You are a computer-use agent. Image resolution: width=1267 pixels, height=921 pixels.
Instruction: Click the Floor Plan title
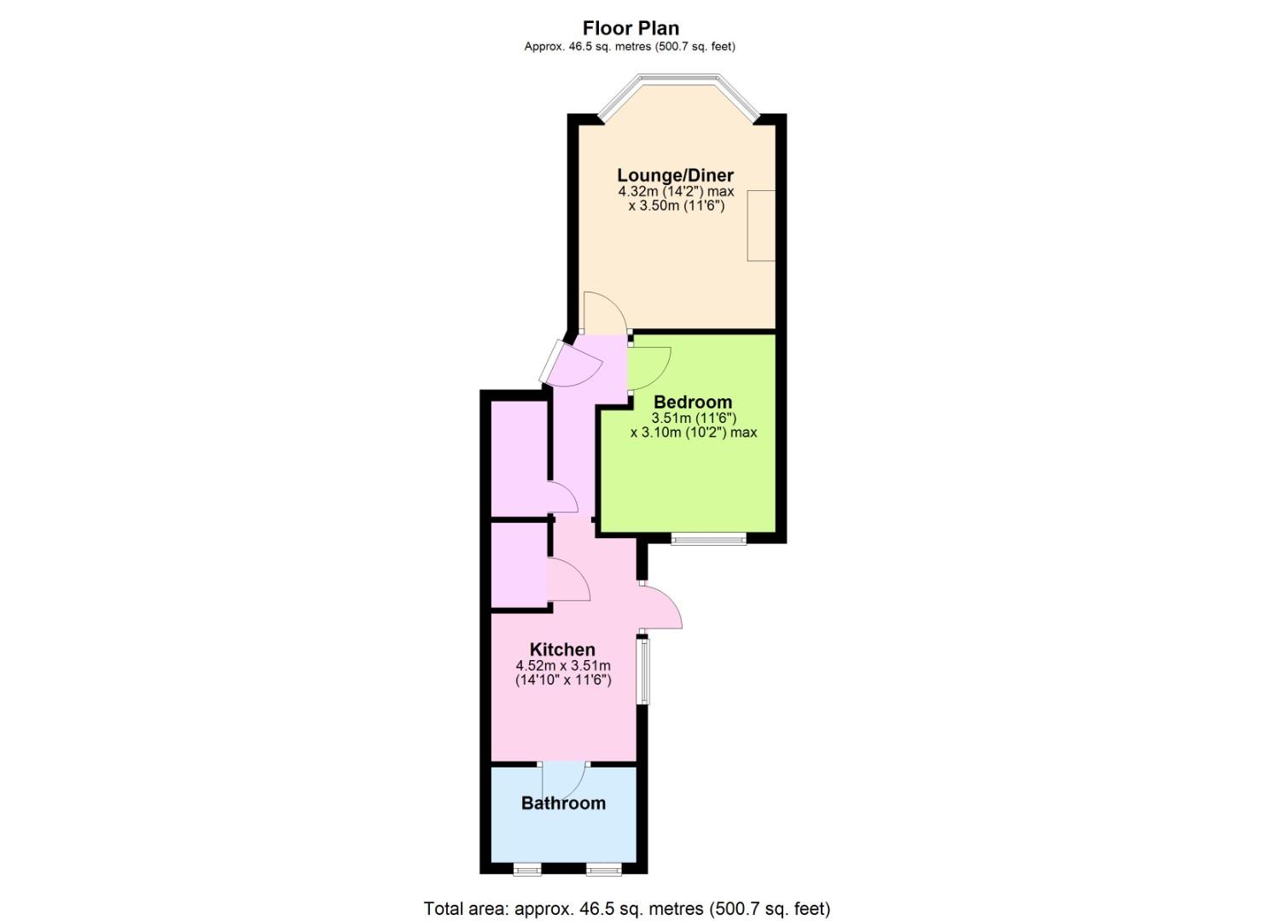[631, 27]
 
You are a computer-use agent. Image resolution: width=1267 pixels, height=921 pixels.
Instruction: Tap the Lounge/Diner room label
[675, 176]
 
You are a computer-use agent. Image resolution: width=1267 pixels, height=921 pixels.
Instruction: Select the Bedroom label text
[692, 402]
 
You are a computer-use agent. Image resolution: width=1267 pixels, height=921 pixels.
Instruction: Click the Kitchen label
[562, 649]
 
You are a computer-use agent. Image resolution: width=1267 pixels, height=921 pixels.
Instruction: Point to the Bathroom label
[563, 803]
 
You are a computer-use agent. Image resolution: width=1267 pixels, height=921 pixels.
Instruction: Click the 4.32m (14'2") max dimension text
[676, 192]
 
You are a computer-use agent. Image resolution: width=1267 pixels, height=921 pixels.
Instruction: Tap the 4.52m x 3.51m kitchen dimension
[563, 666]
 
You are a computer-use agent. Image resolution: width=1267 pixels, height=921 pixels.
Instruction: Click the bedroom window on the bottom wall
[709, 539]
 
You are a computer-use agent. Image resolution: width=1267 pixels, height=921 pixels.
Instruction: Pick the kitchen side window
[643, 670]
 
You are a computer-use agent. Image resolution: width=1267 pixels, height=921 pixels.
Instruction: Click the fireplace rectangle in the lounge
[761, 226]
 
